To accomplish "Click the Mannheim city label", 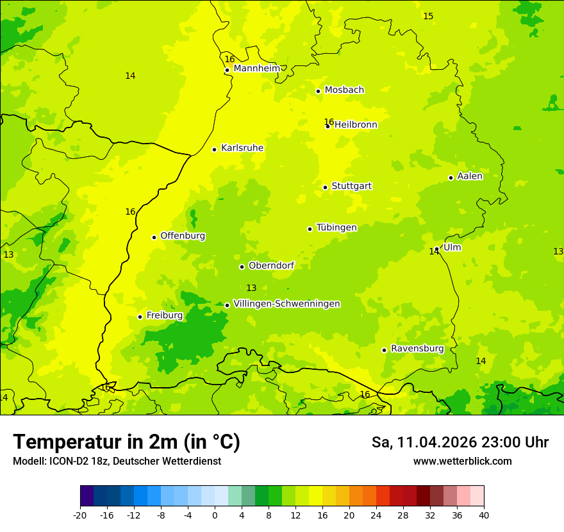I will [257, 68].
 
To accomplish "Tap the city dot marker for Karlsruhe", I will [214, 149].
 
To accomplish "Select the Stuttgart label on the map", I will [351, 186].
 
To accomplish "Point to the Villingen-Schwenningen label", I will [286, 304].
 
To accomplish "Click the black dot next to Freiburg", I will [140, 317].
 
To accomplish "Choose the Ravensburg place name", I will [417, 349].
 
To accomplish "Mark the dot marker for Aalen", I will [451, 178].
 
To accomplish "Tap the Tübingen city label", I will [336, 228].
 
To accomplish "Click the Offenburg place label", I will [183, 236].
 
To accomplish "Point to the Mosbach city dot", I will [318, 91].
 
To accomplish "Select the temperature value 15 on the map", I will [428, 16].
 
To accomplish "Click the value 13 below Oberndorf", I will [251, 288].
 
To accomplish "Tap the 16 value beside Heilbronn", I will [328, 122].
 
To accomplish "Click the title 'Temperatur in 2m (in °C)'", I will [126, 442].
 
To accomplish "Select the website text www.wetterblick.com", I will [462, 461].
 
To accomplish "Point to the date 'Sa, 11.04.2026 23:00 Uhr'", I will [460, 442].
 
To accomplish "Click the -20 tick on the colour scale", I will [80, 514].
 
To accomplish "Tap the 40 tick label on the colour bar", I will [483, 514].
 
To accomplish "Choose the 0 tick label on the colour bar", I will [215, 514].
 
